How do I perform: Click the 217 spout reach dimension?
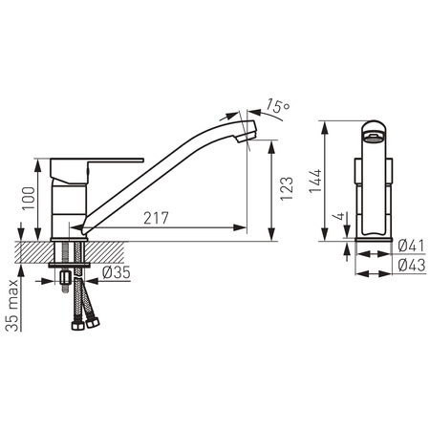pyautogui.click(x=156, y=218)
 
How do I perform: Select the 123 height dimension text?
pyautogui.click(x=287, y=188)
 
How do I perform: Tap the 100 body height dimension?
pyautogui.click(x=29, y=198)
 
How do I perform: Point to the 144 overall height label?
pyautogui.click(x=315, y=181)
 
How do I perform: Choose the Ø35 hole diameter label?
pyautogui.click(x=117, y=272)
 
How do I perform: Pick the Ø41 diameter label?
pyautogui.click(x=411, y=246)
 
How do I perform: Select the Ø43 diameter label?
pyautogui.click(x=412, y=265)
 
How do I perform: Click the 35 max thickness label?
pyautogui.click(x=12, y=305)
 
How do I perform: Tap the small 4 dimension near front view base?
pyautogui.click(x=339, y=216)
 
